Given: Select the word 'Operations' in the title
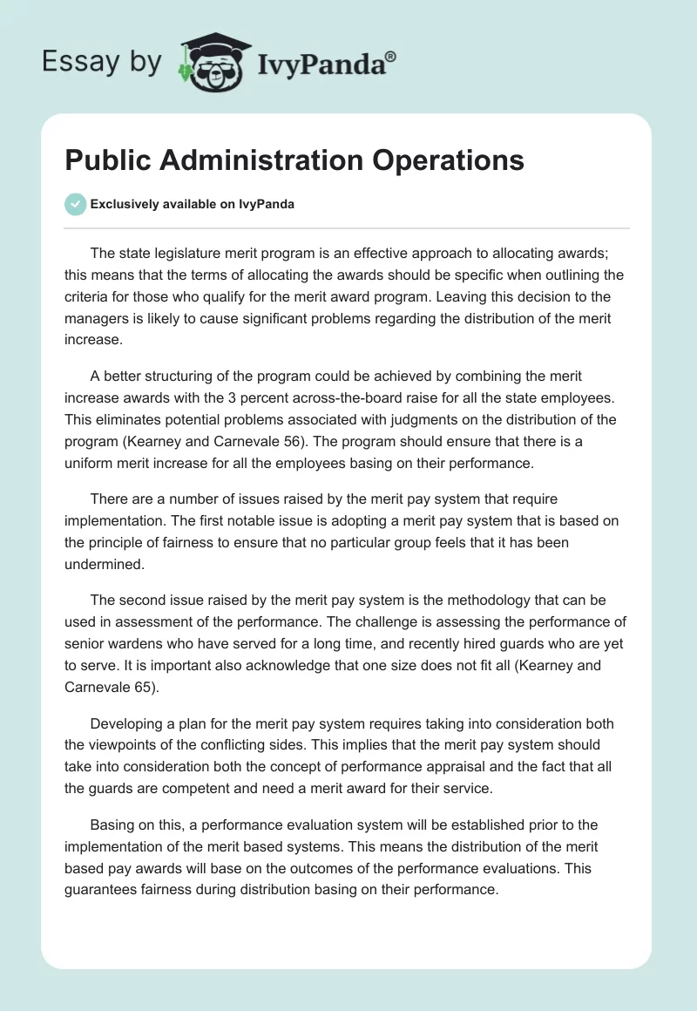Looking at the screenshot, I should click(457, 160).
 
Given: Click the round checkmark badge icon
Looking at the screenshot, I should click(75, 204).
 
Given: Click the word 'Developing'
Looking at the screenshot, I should click(128, 725).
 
